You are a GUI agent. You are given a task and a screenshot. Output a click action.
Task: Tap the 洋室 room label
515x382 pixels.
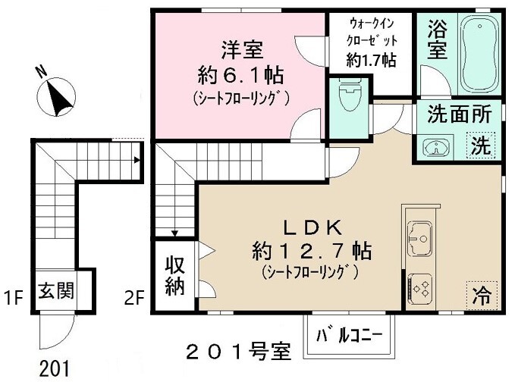[x=241, y=51]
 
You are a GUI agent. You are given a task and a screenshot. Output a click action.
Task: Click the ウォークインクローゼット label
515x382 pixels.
[x=371, y=42]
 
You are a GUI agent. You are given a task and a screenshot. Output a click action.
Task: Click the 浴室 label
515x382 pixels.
[x=437, y=41]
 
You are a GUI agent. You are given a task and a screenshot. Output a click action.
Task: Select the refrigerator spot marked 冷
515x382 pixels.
[x=483, y=293]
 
